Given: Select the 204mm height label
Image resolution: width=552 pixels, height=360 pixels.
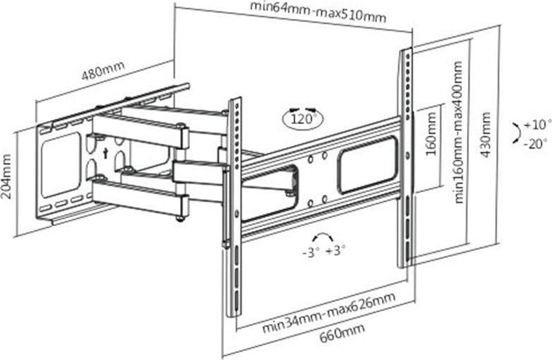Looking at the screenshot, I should (x=8, y=180).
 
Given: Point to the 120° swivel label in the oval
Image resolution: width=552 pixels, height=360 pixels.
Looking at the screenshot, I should (x=303, y=118).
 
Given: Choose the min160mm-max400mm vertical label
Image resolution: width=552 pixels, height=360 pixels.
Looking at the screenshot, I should (x=458, y=133).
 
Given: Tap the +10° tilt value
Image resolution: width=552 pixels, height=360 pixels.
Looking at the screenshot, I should (x=537, y=125).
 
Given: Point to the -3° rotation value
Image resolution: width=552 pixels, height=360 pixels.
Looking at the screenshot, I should (x=310, y=251).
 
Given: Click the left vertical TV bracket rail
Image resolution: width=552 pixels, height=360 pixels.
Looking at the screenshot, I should (x=233, y=206).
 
